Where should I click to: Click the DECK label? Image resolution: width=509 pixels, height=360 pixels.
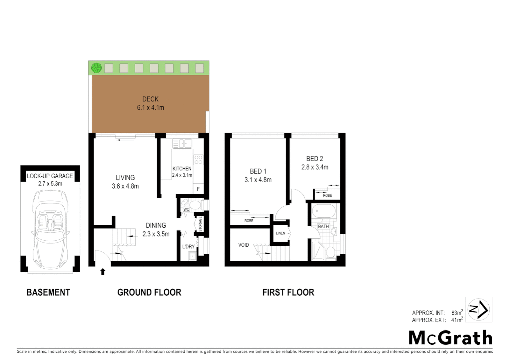point(150,99)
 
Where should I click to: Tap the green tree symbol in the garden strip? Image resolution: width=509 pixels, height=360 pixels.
point(97,68)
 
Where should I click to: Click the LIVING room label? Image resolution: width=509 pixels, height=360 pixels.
point(125,178)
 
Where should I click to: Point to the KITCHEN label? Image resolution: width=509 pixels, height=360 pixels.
point(182,169)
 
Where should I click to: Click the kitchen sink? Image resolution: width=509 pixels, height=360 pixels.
point(182,144)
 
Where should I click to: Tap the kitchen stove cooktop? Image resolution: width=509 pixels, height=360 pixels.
point(198,160)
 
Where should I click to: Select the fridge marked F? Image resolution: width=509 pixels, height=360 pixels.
point(198,189)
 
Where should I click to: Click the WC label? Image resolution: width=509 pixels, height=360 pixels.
point(186,209)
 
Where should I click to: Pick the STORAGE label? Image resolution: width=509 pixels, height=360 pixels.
point(201,224)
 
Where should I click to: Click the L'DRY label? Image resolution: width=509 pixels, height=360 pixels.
point(188,247)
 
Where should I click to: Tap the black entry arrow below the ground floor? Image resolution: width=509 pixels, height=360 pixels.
point(103,272)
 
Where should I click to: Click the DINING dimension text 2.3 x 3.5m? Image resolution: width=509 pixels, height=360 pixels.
point(156,234)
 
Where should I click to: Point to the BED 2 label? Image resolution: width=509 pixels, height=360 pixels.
point(314,159)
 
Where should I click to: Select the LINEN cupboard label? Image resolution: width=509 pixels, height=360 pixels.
point(280,233)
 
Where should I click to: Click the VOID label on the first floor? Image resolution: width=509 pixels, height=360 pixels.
point(244,245)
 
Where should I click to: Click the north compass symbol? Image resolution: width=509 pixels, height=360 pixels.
point(478,309)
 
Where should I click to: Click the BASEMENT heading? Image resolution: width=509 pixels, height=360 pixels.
point(48,292)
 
